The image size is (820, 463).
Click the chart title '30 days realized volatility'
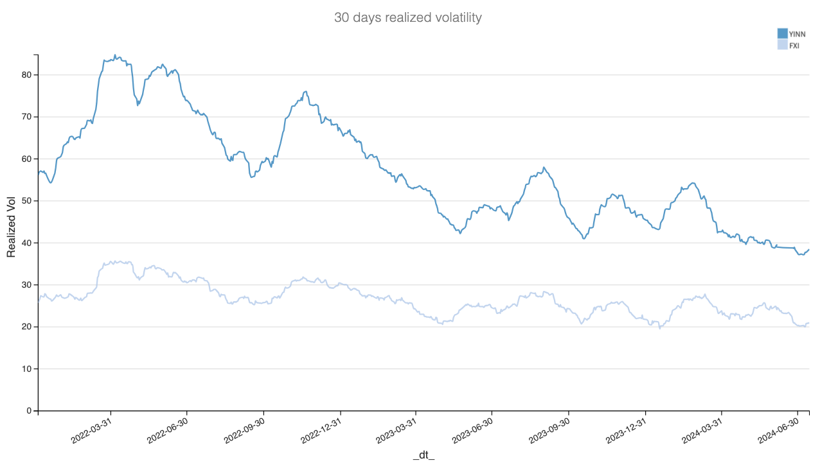tap(407, 18)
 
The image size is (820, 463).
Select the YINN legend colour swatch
tap(782, 33)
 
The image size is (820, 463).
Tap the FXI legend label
tap(794, 45)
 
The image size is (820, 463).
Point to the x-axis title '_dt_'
tap(423, 455)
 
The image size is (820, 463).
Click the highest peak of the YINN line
tap(115, 55)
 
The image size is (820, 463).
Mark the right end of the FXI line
tap(808, 323)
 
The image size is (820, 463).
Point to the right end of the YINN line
tap(808, 249)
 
